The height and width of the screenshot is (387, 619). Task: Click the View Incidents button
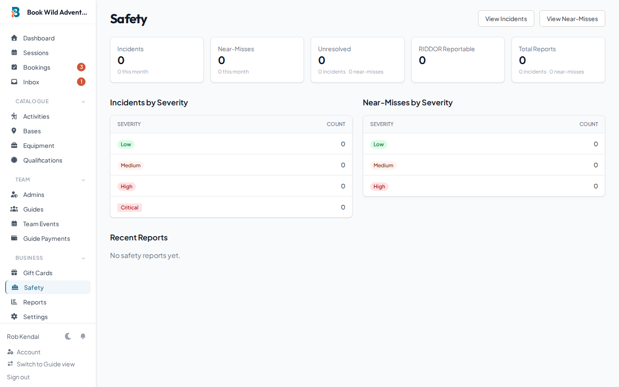[506, 18]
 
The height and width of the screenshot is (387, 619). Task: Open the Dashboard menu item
[39, 38]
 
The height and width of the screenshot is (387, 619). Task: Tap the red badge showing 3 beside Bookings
[81, 67]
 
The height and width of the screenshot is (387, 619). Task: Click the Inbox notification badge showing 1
[81, 82]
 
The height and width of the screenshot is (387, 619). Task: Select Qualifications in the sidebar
[43, 160]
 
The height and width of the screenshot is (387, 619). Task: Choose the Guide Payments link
[46, 239]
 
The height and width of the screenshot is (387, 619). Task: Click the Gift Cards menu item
[38, 273]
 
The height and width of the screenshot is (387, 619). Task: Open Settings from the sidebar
[35, 317]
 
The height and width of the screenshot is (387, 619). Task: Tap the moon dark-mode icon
[68, 336]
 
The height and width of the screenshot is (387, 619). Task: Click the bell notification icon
[83, 336]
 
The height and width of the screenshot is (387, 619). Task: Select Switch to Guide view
[46, 364]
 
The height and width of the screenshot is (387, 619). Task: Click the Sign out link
[18, 377]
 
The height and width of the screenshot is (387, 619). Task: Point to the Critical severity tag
[129, 208]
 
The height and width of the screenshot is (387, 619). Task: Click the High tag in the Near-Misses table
[379, 187]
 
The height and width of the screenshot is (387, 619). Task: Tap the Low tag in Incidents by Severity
[126, 144]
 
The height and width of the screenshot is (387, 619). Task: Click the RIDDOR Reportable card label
[447, 49]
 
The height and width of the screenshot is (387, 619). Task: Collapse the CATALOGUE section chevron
[83, 102]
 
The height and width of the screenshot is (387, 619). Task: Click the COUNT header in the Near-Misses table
[588, 124]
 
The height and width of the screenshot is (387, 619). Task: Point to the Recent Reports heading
[139, 238]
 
